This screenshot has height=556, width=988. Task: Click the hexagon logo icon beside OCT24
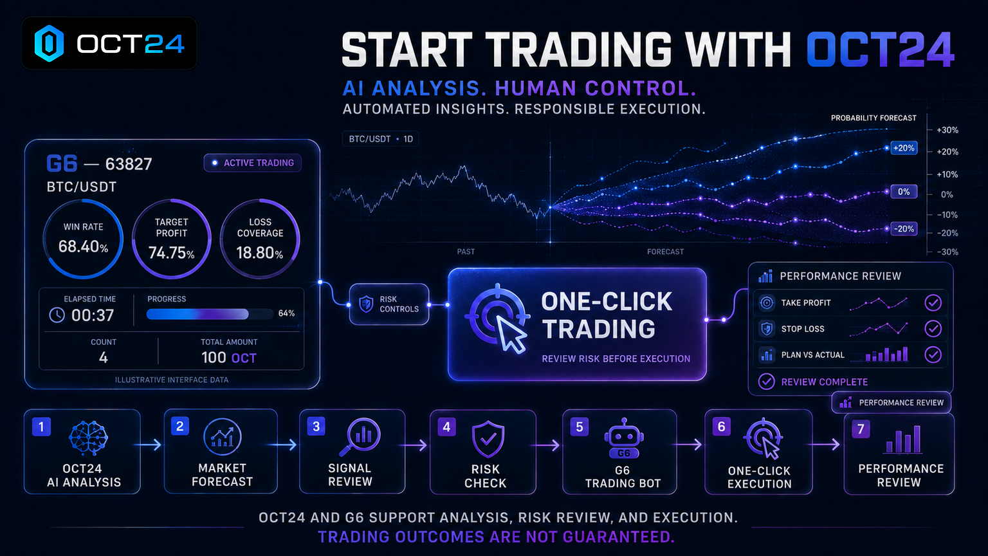coord(49,43)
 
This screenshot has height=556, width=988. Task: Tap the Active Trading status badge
coord(253,163)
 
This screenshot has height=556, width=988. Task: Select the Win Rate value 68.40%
coord(84,246)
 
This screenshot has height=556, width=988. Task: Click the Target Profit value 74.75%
coord(171,253)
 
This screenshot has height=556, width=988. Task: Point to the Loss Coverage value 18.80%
coord(260,253)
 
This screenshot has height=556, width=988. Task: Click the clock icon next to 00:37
coord(57,315)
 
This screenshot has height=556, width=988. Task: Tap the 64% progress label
coord(287,313)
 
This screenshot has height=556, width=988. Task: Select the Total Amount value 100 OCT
coord(229,357)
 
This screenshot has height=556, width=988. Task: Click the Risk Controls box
coord(389,304)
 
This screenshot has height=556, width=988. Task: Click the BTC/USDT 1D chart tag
coord(381,139)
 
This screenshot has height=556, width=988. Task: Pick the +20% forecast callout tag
coord(904,148)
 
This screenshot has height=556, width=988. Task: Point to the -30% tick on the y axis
coord(947,252)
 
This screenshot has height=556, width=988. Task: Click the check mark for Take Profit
coord(933,302)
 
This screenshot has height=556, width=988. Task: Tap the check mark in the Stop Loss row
coord(933,329)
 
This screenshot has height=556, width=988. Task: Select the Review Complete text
coord(825,382)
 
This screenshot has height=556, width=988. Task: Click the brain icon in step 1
coord(88,438)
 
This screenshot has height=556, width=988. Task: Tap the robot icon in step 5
coord(624,438)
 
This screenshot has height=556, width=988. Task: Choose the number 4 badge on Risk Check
coord(447,427)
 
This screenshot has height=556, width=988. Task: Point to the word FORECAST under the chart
coord(665,252)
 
